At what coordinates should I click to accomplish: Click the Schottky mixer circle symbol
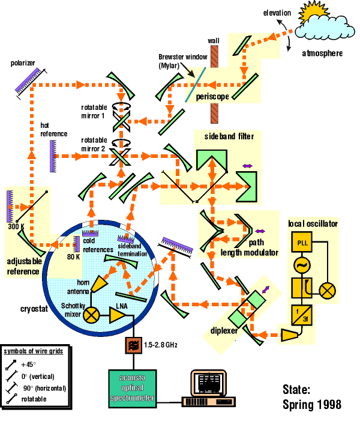(x=91, y=313)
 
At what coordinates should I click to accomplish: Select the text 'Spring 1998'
(x=311, y=404)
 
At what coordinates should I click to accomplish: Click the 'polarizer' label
(x=23, y=63)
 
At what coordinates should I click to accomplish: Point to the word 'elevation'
(x=277, y=13)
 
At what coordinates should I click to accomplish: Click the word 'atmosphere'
(x=322, y=53)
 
